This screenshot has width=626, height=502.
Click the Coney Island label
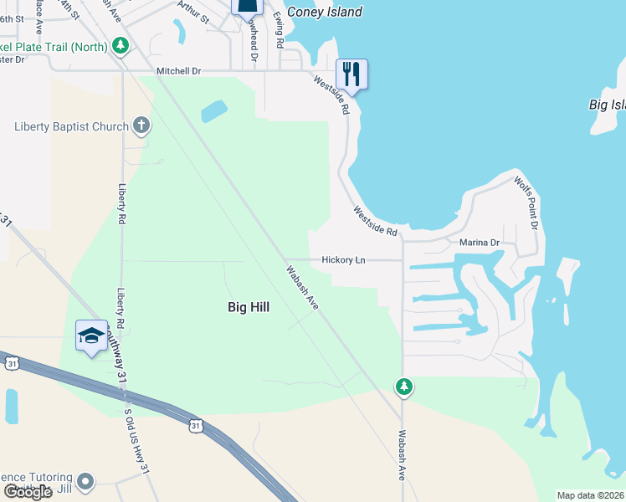[325, 12]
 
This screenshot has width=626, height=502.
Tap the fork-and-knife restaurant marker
[351, 74]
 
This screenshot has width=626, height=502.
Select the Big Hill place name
[249, 307]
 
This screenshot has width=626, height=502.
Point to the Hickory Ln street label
[343, 260]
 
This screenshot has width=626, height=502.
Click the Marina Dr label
[479, 243]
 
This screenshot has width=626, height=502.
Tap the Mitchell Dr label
[179, 71]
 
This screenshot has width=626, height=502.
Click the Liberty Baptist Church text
[71, 127]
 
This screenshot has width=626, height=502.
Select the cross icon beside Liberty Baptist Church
[141, 126]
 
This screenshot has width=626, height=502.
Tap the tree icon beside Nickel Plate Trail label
[121, 45]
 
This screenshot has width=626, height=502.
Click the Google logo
[28, 493]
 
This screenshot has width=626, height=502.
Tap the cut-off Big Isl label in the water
[607, 105]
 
